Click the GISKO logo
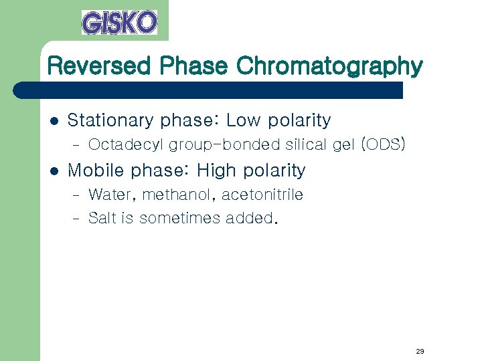click(119, 22)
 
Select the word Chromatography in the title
click(330, 67)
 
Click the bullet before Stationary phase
click(55, 121)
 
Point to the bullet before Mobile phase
click(55, 171)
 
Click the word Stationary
click(111, 121)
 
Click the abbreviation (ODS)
click(382, 144)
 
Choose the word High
click(217, 170)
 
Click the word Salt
click(102, 218)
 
